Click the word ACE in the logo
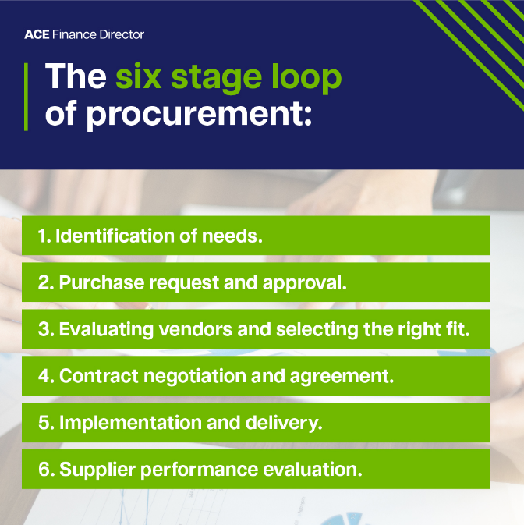(x=36, y=34)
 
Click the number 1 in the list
(x=43, y=236)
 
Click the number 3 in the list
(x=44, y=329)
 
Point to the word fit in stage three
(x=458, y=329)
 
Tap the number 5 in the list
(x=44, y=423)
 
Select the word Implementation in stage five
(x=126, y=423)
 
